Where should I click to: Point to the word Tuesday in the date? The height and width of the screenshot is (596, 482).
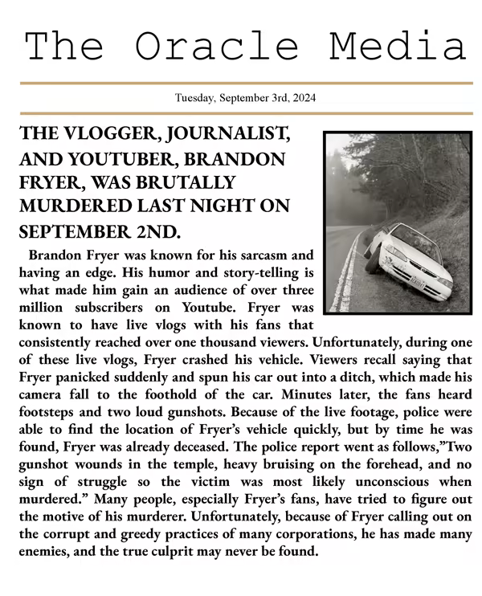pos(195,99)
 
